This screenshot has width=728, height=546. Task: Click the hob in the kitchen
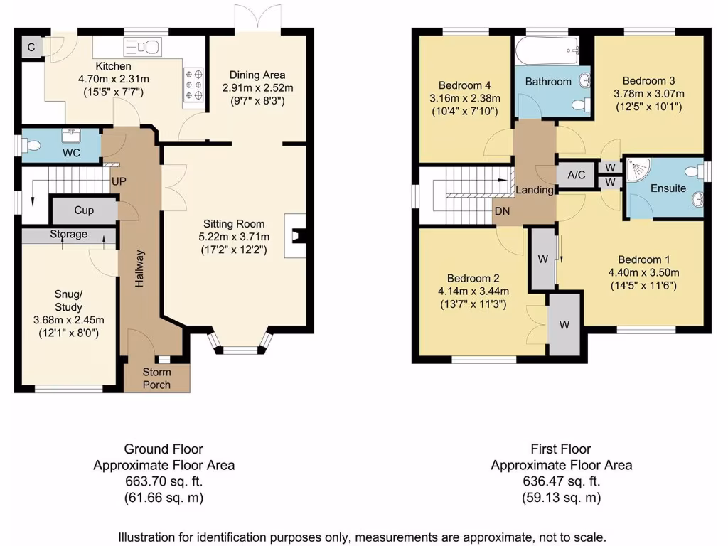193,85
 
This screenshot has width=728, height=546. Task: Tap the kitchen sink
142,47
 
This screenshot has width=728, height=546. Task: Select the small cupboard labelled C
31,47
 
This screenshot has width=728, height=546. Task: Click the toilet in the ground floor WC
32,146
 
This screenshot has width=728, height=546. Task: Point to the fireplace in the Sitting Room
295,236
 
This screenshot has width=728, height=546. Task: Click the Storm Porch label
156,378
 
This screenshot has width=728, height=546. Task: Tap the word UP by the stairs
119,181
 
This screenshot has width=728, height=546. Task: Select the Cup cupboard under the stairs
84,210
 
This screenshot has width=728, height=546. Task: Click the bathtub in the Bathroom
547,50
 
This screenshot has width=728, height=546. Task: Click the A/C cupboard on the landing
576,175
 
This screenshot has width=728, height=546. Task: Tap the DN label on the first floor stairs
502,211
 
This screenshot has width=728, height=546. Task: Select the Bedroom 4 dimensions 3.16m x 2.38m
465,98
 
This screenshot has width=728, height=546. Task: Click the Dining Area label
257,75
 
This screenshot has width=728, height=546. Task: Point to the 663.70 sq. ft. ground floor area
164,481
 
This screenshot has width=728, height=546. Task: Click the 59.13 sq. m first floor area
562,497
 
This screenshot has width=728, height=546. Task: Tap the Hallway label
139,268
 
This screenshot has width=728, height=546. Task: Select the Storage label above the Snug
69,235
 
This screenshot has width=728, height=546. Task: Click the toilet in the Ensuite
696,172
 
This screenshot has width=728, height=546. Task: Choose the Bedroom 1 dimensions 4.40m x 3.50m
643,272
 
